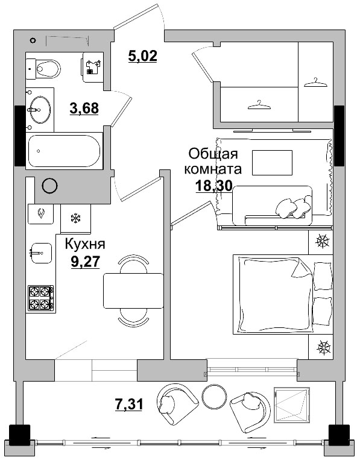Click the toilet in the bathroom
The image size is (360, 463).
45,68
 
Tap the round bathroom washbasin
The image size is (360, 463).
39,109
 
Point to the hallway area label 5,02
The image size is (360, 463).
142,57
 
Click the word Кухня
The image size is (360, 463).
85,244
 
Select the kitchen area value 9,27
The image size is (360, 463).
85,262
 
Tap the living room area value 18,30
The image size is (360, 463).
213,186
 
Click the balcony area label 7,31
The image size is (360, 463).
128,404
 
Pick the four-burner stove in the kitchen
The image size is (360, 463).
40,298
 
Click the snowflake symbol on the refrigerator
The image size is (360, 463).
76,218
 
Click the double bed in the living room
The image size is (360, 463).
280,293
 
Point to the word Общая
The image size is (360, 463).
213,153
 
